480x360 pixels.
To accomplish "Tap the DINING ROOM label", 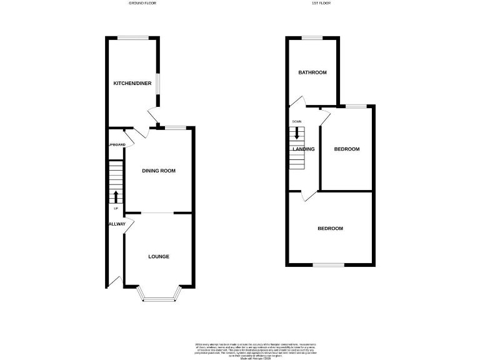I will (x=158, y=171).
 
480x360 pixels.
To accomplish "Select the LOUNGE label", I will (x=158, y=257).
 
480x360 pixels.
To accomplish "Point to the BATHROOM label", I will (x=312, y=72).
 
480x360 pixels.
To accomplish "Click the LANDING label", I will (x=304, y=149).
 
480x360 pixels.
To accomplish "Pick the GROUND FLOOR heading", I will (x=142, y=3).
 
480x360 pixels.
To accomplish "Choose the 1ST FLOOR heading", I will (x=321, y=3).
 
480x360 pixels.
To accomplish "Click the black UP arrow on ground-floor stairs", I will (x=116, y=196).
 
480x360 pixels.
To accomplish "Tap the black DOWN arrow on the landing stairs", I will (x=297, y=132).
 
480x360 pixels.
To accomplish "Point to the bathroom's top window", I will (x=312, y=37).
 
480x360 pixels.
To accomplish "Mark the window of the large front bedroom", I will (x=328, y=266).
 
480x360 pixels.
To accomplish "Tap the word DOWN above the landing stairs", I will (x=296, y=121).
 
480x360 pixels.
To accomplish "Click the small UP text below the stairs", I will (x=116, y=208).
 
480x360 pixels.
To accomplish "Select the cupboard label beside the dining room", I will (x=117, y=145).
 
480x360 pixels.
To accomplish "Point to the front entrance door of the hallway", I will (x=112, y=282).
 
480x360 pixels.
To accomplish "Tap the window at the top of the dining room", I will (x=176, y=128).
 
